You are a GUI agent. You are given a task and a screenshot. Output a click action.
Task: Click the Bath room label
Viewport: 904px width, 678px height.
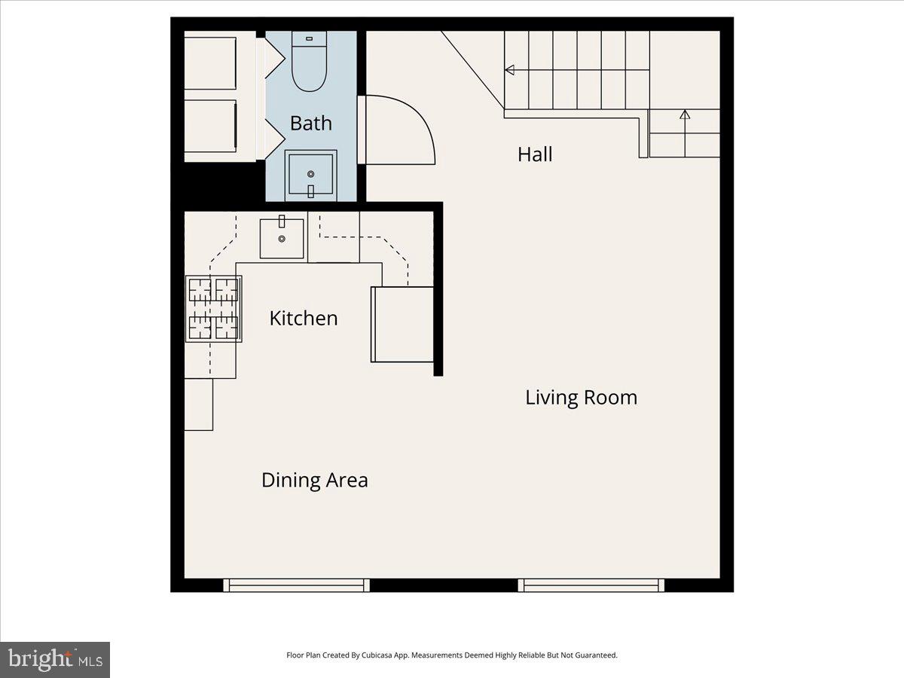click(x=310, y=124)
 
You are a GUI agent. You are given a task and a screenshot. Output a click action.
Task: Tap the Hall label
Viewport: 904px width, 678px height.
click(x=535, y=154)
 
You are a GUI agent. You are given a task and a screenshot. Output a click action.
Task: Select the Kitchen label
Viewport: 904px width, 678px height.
click(x=304, y=319)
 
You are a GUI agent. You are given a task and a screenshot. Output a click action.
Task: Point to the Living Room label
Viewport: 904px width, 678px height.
click(x=581, y=398)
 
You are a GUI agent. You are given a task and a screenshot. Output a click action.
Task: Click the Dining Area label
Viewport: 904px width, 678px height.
click(x=314, y=480)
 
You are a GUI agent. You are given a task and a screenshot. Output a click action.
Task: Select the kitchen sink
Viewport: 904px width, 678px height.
click(x=282, y=238)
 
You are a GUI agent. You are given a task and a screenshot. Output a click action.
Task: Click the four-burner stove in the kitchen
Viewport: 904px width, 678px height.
click(x=214, y=308)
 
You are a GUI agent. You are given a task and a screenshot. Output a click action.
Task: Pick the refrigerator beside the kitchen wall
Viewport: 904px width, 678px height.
click(x=402, y=324)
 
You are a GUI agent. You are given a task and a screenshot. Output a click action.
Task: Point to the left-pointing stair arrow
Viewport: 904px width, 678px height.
click(x=510, y=70)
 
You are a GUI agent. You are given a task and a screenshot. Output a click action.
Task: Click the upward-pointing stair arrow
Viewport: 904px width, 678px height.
click(x=684, y=115)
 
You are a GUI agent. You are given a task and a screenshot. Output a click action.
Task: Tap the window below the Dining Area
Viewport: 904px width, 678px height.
click(x=297, y=585)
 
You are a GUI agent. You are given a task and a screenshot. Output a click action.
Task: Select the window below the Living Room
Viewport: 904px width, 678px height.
click(x=591, y=585)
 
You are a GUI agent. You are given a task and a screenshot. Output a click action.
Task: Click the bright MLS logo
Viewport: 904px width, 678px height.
click(x=55, y=660)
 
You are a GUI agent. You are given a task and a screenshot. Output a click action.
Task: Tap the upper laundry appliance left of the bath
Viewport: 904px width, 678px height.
click(x=211, y=63)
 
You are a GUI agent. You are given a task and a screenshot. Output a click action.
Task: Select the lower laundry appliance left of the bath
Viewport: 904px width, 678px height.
click(x=211, y=126)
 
